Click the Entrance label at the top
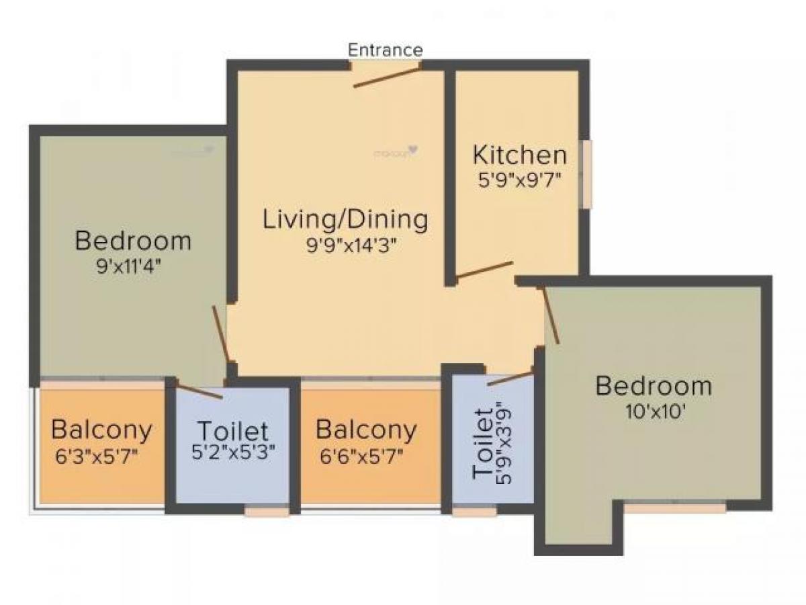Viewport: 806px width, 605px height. tap(386, 50)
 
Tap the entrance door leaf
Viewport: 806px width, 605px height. tap(387, 76)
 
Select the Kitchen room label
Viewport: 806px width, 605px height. tap(519, 155)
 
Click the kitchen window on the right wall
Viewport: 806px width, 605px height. tap(587, 173)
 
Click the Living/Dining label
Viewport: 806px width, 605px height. tap(345, 220)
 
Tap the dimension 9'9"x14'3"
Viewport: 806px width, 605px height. tap(345, 245)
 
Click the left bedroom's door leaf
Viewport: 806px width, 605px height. tap(221, 333)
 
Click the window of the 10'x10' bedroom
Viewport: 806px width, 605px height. tap(675, 508)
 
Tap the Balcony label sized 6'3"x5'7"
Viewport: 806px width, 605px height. tap(101, 429)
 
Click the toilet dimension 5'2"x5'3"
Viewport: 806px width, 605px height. tap(232, 454)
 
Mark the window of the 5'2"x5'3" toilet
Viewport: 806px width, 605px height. tap(266, 512)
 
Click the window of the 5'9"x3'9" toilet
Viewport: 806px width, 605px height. tap(474, 512)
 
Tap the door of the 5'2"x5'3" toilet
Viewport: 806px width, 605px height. tap(199, 391)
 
